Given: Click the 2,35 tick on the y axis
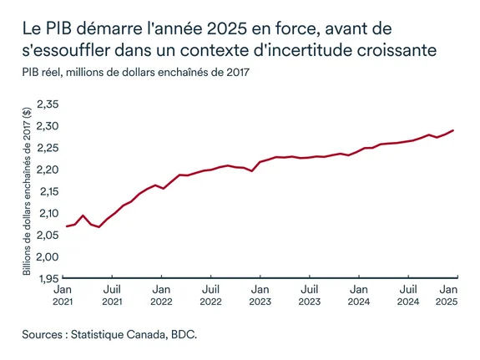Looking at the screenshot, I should pos(48,104).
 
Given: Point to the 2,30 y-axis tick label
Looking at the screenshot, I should pos(48,126).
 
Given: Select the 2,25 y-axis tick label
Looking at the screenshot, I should pos(48,148).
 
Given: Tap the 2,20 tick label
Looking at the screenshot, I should pos(48,170).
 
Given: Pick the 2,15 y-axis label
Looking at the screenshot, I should pos(48,191).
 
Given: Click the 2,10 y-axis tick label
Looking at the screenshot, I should pos(48,213).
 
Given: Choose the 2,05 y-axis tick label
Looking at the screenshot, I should pos(48,235).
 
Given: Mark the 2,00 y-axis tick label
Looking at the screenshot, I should pos(48,256).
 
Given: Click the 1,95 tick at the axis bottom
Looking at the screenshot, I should pos(48,278).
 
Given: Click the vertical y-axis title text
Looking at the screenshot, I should pos(27,192).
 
